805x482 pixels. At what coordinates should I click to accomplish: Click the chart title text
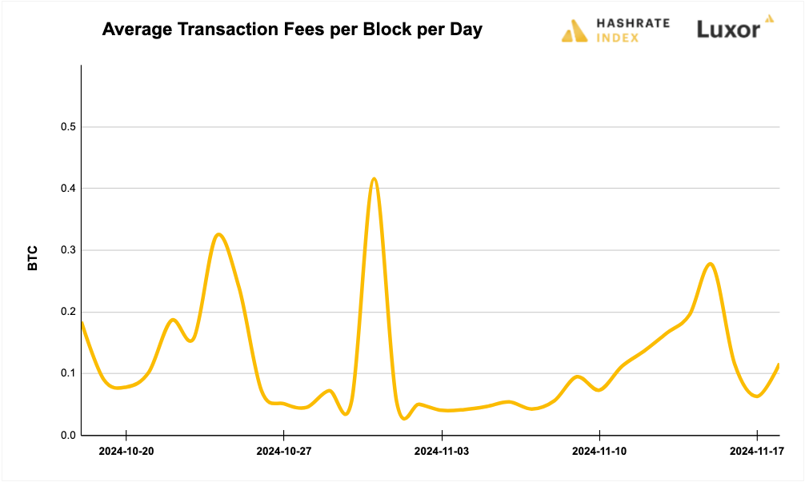[x=292, y=30]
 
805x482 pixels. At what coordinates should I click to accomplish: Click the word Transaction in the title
[x=238, y=30]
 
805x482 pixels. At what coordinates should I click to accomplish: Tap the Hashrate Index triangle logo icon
[x=575, y=30]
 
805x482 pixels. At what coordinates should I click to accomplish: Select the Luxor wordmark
[x=727, y=30]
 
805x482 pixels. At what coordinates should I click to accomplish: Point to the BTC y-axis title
[x=33, y=257]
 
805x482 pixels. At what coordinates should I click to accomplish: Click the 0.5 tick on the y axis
[x=67, y=127]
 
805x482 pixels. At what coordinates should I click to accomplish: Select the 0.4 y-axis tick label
[x=67, y=189]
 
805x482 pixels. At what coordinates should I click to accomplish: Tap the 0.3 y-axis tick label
[x=67, y=250]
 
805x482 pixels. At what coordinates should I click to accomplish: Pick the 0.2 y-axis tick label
[x=67, y=312]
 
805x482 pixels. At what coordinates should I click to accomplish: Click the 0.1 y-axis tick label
[x=67, y=373]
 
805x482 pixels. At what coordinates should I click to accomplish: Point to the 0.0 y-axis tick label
[x=67, y=435]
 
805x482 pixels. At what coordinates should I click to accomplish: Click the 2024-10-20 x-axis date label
[x=126, y=452]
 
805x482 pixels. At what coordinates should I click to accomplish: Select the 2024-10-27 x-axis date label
[x=284, y=452]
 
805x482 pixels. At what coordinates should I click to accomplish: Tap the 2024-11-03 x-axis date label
[x=442, y=452]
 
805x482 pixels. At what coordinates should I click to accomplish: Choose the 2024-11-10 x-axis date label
[x=599, y=452]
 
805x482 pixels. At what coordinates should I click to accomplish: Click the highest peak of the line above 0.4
[x=374, y=178]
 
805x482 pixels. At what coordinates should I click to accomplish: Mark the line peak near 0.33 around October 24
[x=218, y=234]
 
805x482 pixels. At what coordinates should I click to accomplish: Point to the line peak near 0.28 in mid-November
[x=710, y=263]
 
